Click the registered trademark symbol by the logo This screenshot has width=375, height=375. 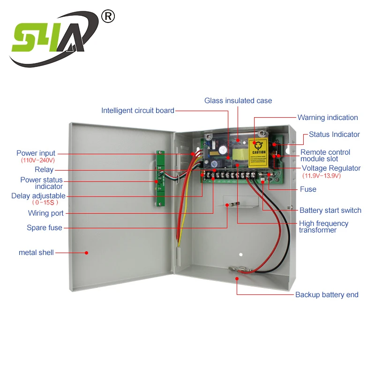tap(108, 17)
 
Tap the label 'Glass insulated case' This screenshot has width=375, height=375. tap(238, 101)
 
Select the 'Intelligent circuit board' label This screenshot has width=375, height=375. tap(138, 111)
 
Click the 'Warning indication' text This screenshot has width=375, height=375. tap(328, 118)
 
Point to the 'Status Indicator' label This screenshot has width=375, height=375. tap(334, 135)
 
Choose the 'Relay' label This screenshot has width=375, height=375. tap(44, 170)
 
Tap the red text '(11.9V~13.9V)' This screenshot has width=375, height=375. tap(321, 176)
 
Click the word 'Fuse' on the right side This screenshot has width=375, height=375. tap(308, 189)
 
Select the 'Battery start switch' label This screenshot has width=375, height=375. tap(330, 210)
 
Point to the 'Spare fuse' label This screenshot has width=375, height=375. tap(44, 228)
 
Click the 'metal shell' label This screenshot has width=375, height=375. tap(36, 253)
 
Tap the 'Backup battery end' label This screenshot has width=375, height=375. tap(327, 295)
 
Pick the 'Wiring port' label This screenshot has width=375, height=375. tap(46, 214)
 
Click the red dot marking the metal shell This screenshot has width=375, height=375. tap(86, 253)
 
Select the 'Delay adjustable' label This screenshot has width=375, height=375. tap(38, 196)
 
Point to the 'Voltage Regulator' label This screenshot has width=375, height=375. tap(331, 168)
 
